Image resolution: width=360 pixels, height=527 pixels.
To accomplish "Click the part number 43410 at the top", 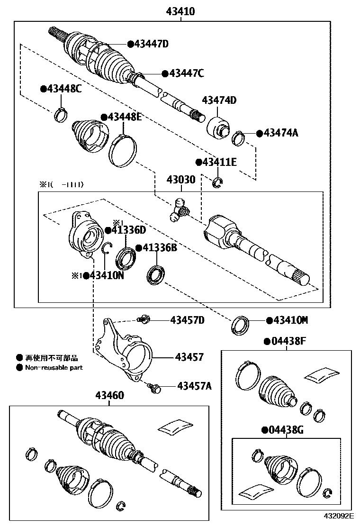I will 180,11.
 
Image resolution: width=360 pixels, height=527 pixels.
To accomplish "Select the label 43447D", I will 151,44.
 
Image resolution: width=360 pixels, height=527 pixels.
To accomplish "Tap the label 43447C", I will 186,73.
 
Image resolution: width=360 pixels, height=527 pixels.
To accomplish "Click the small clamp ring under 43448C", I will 62,115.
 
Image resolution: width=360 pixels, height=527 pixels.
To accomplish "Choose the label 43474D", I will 219,100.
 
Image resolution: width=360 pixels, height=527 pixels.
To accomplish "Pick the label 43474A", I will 280,133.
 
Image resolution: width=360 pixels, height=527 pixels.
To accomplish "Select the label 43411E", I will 219,162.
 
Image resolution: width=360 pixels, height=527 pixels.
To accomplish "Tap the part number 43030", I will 180,181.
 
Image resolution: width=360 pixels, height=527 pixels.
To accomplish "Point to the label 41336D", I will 128,230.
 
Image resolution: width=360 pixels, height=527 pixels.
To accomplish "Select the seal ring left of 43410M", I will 241,325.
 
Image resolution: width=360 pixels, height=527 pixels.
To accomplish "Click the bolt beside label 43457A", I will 154,388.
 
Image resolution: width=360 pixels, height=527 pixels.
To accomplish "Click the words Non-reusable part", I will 54,367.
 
